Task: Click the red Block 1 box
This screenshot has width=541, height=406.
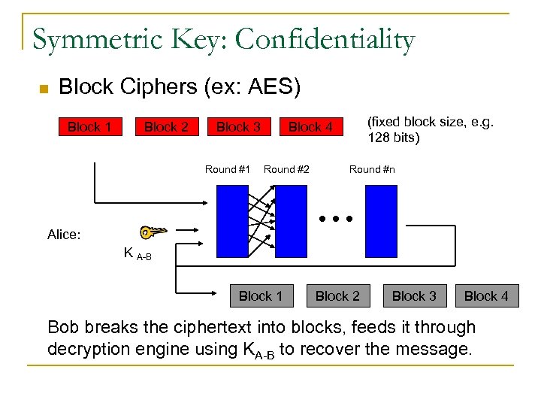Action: point(89,127)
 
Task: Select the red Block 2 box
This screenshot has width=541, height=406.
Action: point(166,127)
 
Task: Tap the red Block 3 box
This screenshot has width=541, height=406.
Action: point(238,127)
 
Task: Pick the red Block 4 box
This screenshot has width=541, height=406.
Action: point(310,127)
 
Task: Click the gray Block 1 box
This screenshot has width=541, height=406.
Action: point(260,296)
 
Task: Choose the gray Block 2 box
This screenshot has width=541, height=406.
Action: point(337,296)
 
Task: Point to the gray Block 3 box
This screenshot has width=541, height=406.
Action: point(414,296)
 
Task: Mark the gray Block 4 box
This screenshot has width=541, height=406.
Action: point(486,296)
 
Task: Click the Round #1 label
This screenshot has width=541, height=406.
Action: point(227,169)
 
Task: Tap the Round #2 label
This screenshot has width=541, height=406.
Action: point(286,169)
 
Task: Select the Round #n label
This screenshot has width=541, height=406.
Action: point(372,169)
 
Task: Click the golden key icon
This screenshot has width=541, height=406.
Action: point(153,233)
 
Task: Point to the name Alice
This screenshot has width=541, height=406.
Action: point(64,235)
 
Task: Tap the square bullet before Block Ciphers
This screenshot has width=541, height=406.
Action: point(44,89)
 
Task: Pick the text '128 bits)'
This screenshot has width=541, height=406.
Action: point(394,138)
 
